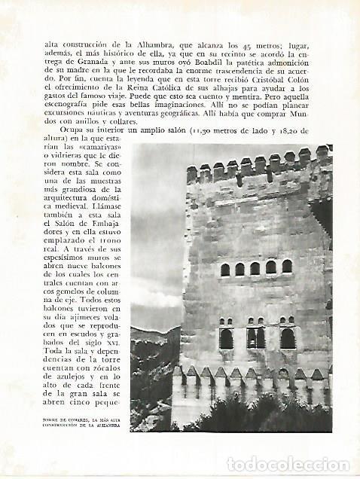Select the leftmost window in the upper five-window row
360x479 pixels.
pos(224,269)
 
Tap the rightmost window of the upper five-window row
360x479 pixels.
pos(287,266)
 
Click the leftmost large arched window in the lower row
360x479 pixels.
pos(226,338)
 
